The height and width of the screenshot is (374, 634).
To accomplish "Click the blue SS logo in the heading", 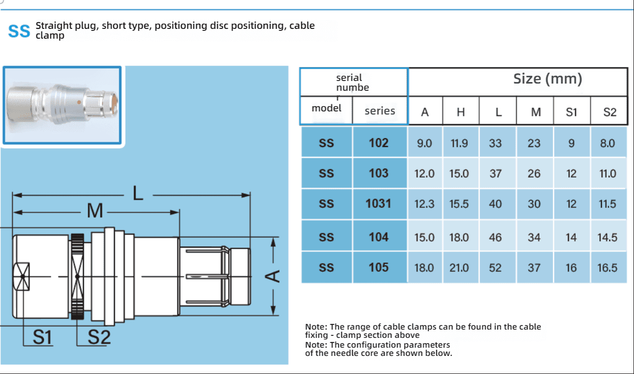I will coord(20,31).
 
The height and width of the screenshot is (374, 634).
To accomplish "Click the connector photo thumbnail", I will coord(63,105).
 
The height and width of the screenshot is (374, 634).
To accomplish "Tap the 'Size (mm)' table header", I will coord(548,79).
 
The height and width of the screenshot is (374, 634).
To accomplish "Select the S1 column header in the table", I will coord(571,112).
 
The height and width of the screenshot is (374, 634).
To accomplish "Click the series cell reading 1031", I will coord(379,204).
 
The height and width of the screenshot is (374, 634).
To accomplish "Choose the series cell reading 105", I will coord(379,267).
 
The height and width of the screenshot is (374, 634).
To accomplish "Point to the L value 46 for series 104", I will coord(496,237).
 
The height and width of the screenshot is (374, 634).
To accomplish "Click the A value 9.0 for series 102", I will coord(424,143).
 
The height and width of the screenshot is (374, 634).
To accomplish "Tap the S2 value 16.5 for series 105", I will coord(608,267).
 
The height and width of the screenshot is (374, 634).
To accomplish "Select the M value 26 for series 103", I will coord(534,173).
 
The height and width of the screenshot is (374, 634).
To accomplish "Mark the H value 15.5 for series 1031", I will coord(459,204).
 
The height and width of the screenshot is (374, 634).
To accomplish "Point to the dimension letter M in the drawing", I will coord(95,211).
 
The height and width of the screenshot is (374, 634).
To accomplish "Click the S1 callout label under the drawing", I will coord(43,337).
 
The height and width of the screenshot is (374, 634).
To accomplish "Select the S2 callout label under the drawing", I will coord(99,337).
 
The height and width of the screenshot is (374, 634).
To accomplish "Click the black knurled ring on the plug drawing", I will coord(78,276).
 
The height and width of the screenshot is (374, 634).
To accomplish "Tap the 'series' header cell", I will coord(380,110).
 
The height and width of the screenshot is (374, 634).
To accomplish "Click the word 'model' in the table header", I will coord(327,108).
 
